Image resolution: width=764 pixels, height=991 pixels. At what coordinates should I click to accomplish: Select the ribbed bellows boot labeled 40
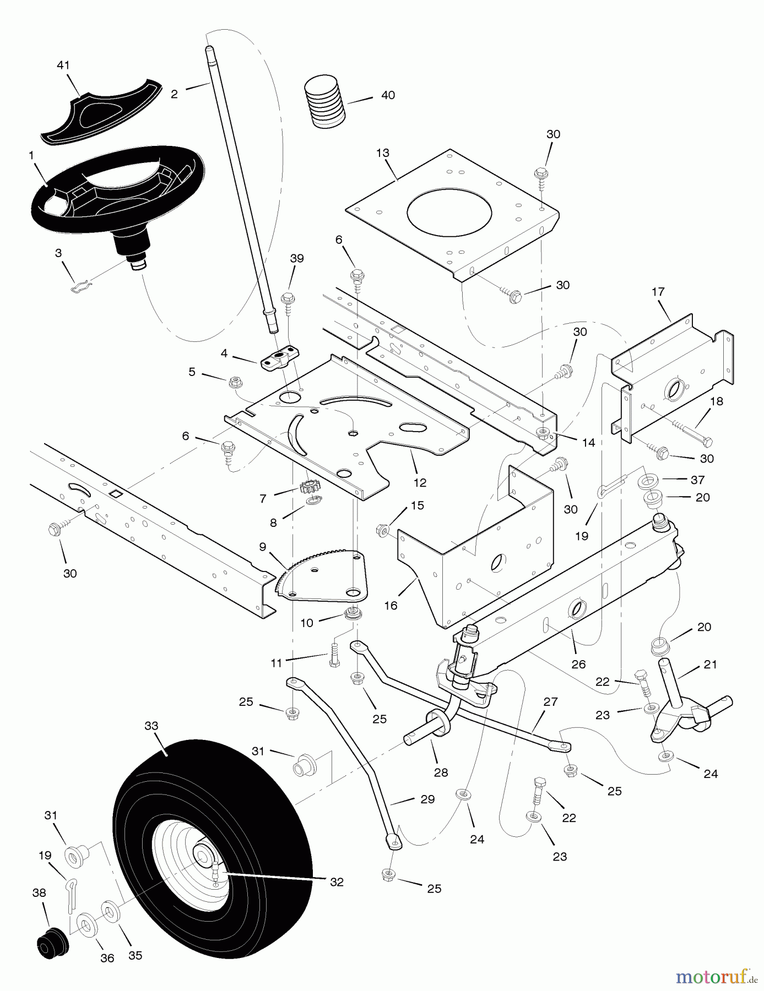325,102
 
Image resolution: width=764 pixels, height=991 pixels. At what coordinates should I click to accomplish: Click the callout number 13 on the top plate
383,153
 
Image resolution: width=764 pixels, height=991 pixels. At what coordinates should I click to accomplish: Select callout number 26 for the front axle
578,665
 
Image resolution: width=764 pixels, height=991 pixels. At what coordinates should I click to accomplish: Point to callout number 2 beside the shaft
174,94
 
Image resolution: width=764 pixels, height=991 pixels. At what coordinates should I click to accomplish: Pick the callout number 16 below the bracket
391,606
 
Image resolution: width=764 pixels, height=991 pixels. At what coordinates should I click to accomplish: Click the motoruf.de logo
716,977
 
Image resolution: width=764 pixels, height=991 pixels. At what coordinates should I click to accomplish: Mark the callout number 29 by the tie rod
427,799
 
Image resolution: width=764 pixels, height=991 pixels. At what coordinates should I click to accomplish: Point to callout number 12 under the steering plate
420,482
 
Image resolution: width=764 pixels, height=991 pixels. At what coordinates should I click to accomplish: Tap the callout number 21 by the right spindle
710,665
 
